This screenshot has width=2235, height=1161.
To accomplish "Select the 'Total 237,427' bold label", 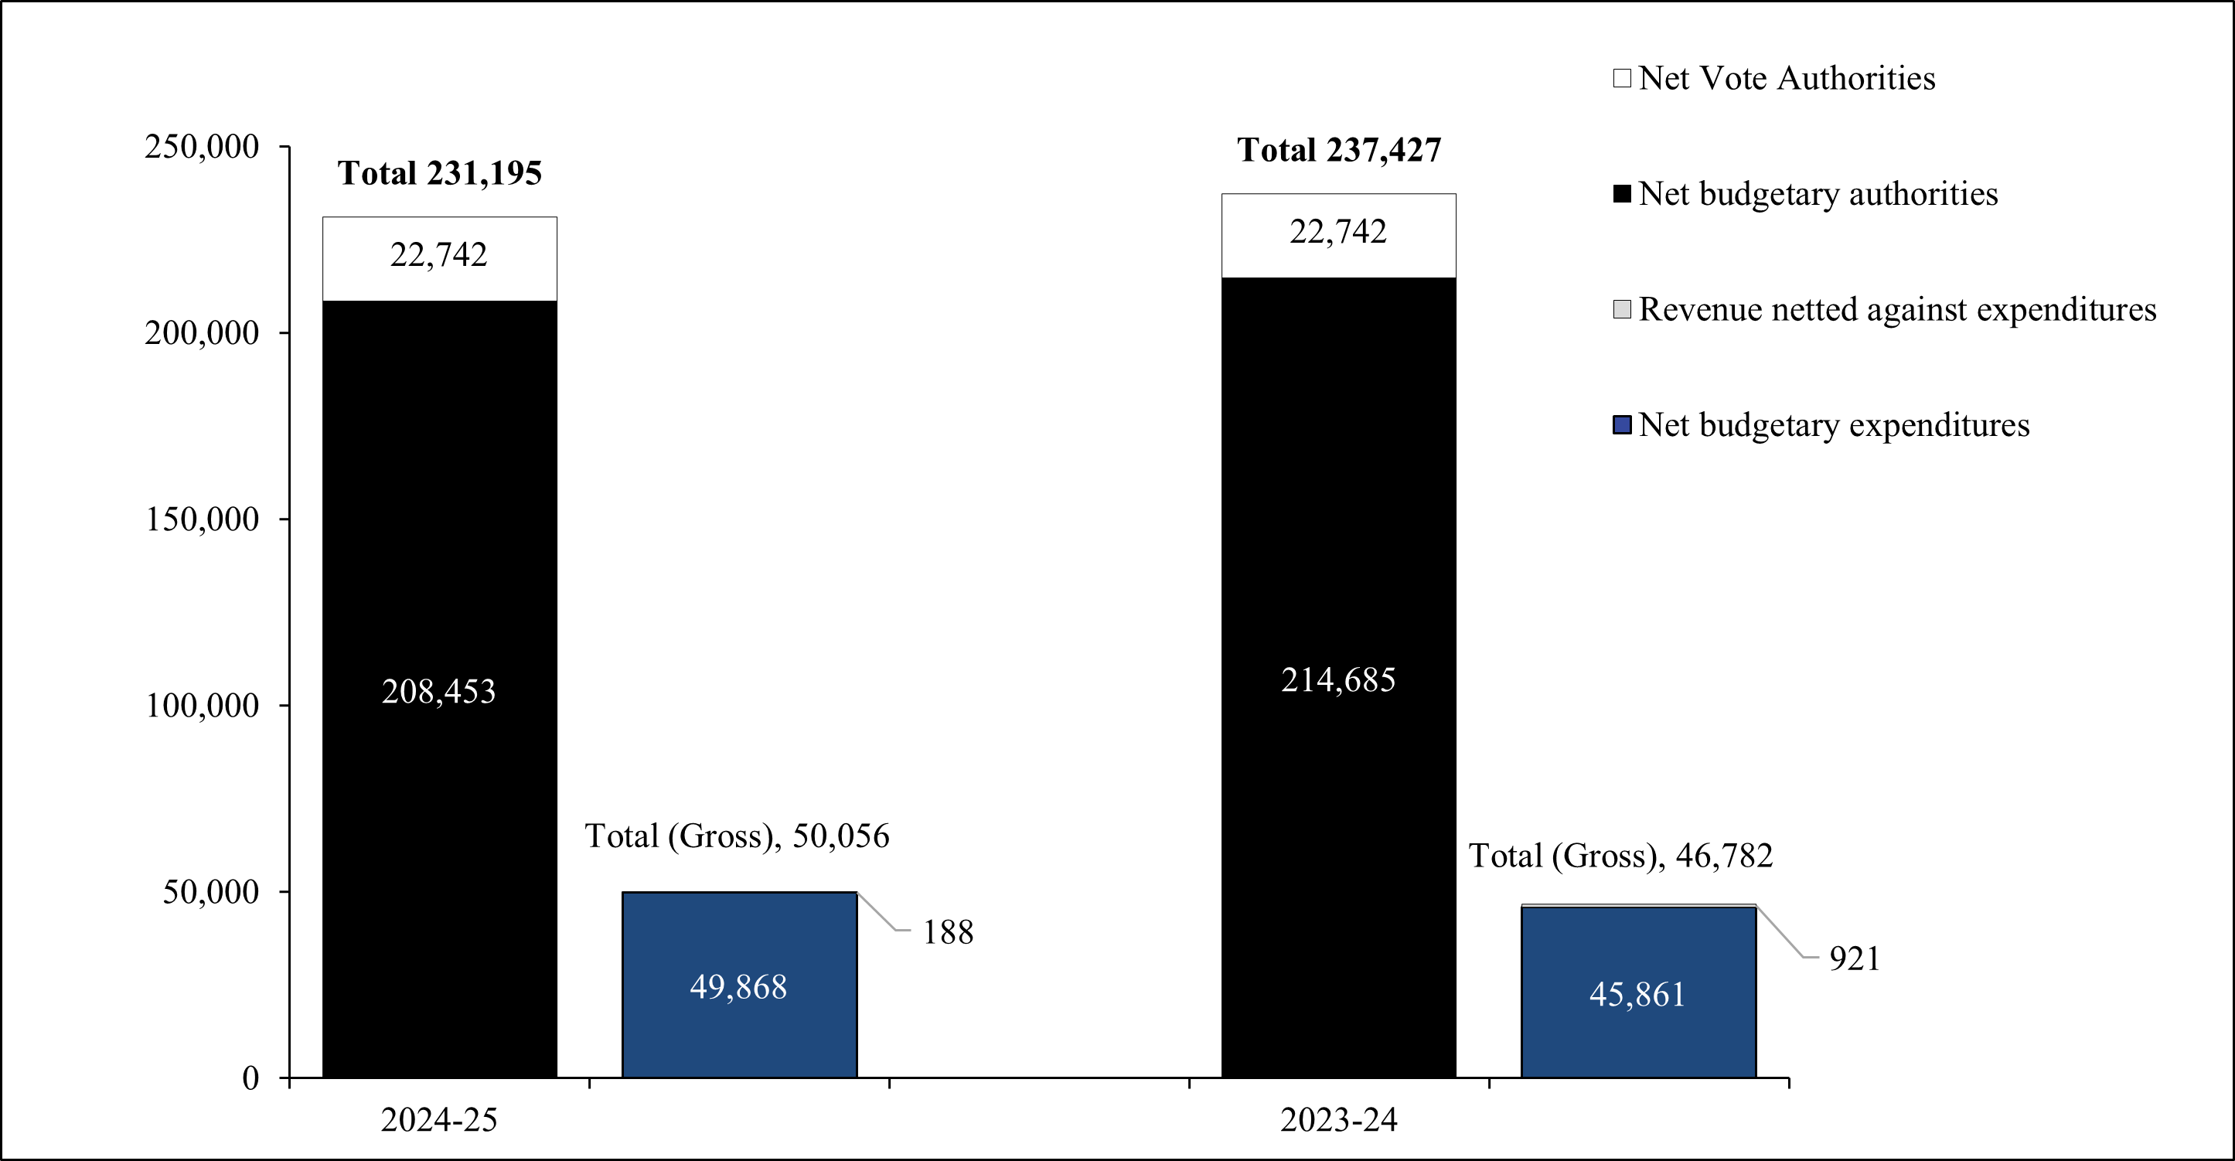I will click(x=1339, y=150).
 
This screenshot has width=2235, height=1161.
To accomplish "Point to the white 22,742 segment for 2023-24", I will click(x=1339, y=234).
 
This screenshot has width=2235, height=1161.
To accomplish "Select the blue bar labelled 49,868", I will click(x=739, y=986).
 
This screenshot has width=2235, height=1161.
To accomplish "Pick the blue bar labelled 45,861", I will click(x=1638, y=993).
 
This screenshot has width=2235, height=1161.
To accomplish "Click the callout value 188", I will click(x=948, y=933).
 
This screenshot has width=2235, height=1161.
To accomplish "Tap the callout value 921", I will click(x=1854, y=958).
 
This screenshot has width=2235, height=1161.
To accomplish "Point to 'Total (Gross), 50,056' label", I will click(x=737, y=836).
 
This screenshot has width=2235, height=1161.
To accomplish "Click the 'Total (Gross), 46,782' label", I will click(x=1620, y=856).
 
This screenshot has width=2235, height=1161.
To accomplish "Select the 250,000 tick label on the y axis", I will click(x=201, y=147).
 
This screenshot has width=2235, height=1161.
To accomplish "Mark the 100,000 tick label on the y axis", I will click(x=201, y=706).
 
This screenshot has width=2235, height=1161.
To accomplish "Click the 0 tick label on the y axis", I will click(x=250, y=1078).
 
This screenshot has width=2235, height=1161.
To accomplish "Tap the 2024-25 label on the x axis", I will click(x=439, y=1120).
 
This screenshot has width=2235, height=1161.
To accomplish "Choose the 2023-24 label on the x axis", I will click(x=1339, y=1120).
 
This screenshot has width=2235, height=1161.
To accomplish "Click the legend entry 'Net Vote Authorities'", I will click(x=1787, y=78).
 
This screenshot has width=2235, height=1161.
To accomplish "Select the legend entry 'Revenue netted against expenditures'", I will click(x=1896, y=310).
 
